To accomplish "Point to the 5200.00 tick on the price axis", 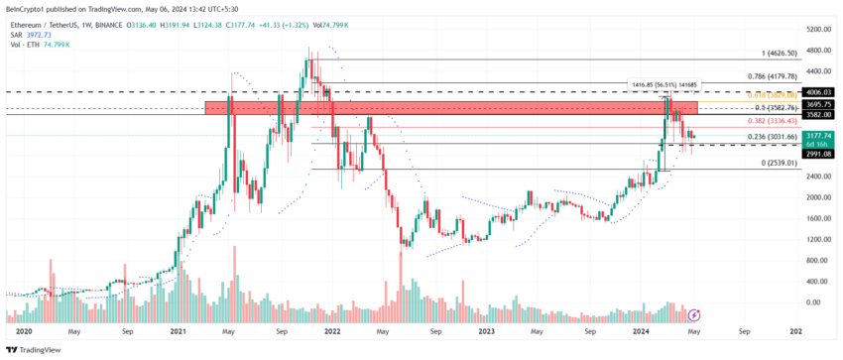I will tap(817, 30).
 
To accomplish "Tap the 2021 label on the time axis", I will tap(179, 331).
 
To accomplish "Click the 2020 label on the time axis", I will tap(25, 331).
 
